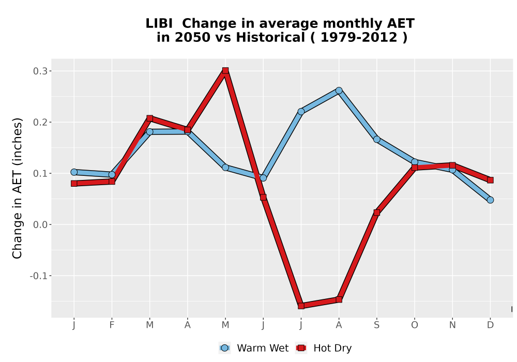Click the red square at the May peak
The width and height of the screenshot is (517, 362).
[225, 70]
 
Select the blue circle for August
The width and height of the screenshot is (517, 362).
[339, 90]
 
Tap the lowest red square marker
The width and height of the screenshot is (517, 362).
[301, 306]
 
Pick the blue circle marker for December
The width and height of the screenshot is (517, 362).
[490, 200]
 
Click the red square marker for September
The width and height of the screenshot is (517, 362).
[376, 213]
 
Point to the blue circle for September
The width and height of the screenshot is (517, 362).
[376, 140]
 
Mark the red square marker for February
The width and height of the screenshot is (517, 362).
[112, 182]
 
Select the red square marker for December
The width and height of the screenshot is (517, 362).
[490, 180]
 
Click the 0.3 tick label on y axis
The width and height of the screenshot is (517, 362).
[40, 71]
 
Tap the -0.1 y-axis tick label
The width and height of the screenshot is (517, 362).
[39, 276]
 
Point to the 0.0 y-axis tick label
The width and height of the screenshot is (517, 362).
[40, 225]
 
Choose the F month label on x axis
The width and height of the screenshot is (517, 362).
[112, 325]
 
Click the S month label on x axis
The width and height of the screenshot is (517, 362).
[376, 325]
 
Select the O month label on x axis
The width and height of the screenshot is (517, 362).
[415, 325]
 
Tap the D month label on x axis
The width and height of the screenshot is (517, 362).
[490, 325]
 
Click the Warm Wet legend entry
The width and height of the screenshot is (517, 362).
[253, 348]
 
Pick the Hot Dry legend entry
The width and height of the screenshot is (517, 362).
[324, 348]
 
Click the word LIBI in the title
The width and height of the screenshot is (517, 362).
[159, 23]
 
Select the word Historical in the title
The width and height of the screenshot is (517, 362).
[270, 37]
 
